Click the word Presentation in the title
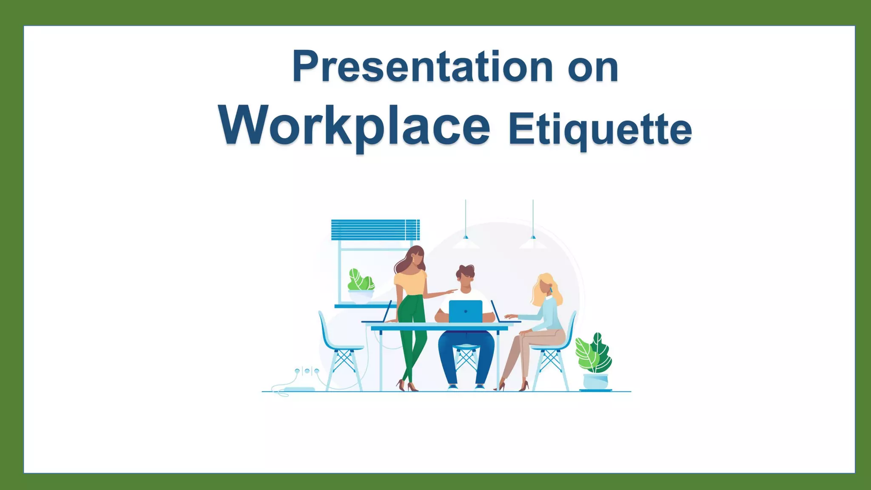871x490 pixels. click(x=422, y=67)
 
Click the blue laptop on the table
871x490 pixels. click(x=466, y=311)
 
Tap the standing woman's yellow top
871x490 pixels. click(x=410, y=282)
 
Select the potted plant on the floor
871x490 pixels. click(x=594, y=362)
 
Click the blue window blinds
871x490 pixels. click(x=375, y=230)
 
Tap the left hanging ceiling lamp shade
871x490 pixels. click(x=466, y=243)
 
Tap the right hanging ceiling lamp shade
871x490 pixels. click(x=533, y=243)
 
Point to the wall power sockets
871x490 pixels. click(x=307, y=371)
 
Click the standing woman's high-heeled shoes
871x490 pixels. click(x=407, y=386)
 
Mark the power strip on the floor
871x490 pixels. click(x=299, y=389)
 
